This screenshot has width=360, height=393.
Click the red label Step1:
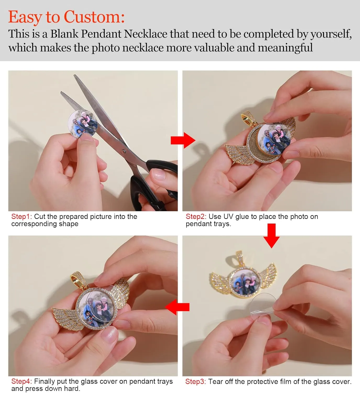(x=21, y=216)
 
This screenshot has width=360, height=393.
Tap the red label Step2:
(x=196, y=216)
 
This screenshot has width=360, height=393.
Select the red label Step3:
(x=196, y=381)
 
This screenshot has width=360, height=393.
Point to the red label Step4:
(x=21, y=381)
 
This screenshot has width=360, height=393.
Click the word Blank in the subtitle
(x=64, y=34)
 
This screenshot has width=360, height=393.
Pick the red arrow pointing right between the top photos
(x=183, y=140)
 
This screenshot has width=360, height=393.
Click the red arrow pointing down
(x=272, y=236)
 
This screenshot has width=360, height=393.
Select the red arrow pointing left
(x=177, y=307)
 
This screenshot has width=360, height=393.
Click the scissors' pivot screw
(x=123, y=151)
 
